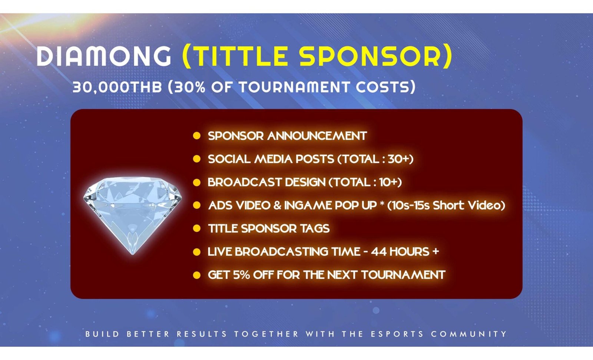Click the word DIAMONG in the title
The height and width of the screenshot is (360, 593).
pos(104,56)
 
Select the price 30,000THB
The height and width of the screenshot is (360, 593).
pos(117,87)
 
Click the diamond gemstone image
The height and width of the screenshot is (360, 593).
pos(133,213)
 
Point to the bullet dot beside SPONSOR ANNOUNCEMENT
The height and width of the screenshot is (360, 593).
pos(197,136)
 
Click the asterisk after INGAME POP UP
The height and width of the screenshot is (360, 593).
pos(382,204)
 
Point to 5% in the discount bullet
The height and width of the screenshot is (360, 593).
pos(241,275)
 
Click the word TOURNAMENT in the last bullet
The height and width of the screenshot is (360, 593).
pos(403,275)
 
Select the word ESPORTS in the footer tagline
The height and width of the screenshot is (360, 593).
pos(397,334)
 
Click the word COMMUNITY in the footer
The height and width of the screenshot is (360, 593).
pos(468,334)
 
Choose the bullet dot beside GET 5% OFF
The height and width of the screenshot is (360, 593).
pos(197,275)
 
